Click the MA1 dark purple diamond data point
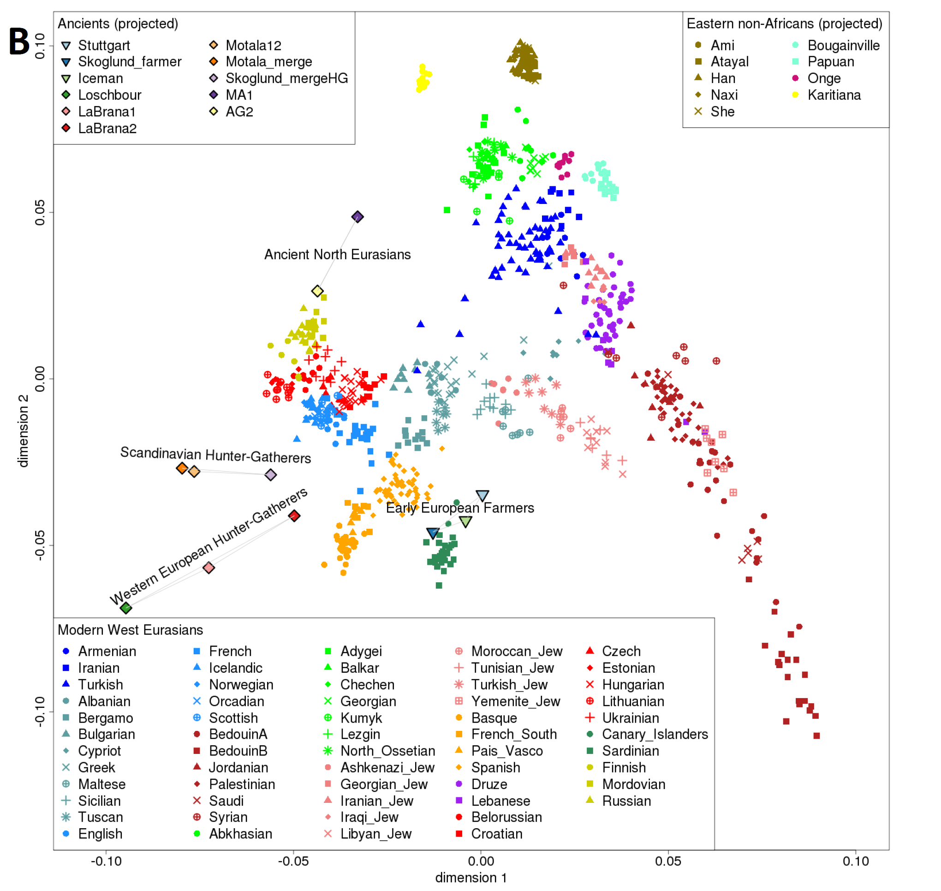(357, 217)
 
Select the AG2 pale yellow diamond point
(318, 291)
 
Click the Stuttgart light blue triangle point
(482, 496)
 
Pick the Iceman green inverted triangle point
(466, 521)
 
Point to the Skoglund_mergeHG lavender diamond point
(271, 475)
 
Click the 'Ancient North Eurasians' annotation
(337, 255)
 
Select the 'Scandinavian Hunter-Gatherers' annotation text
(215, 455)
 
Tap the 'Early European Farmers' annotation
(459, 508)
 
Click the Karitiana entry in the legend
(834, 95)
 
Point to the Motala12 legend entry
(253, 46)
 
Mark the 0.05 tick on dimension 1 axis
(668, 861)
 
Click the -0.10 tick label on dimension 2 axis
(40, 712)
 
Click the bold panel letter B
(19, 42)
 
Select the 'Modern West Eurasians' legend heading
(130, 630)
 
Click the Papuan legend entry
(830, 62)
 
